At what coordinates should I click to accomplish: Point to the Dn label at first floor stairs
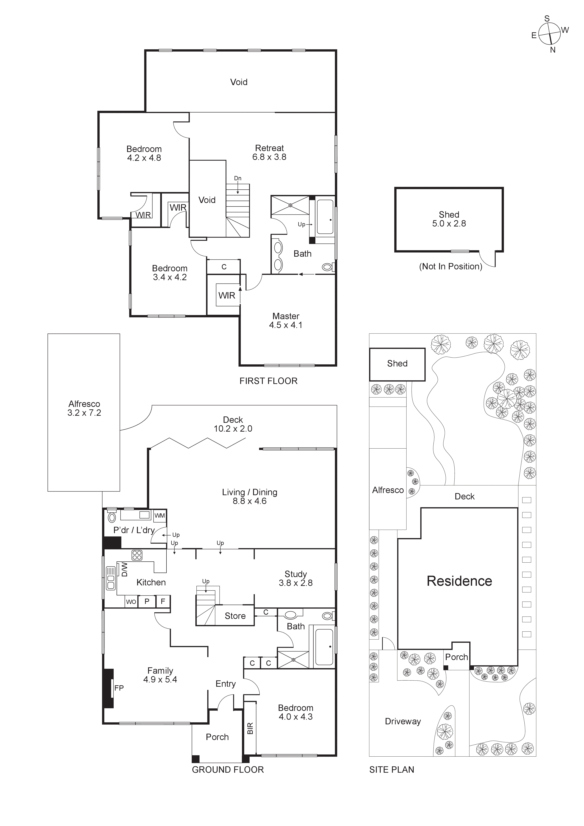238,178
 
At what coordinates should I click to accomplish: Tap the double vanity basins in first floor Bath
278,256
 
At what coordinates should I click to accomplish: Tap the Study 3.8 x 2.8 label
296,579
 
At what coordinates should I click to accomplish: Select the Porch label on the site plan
456,657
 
